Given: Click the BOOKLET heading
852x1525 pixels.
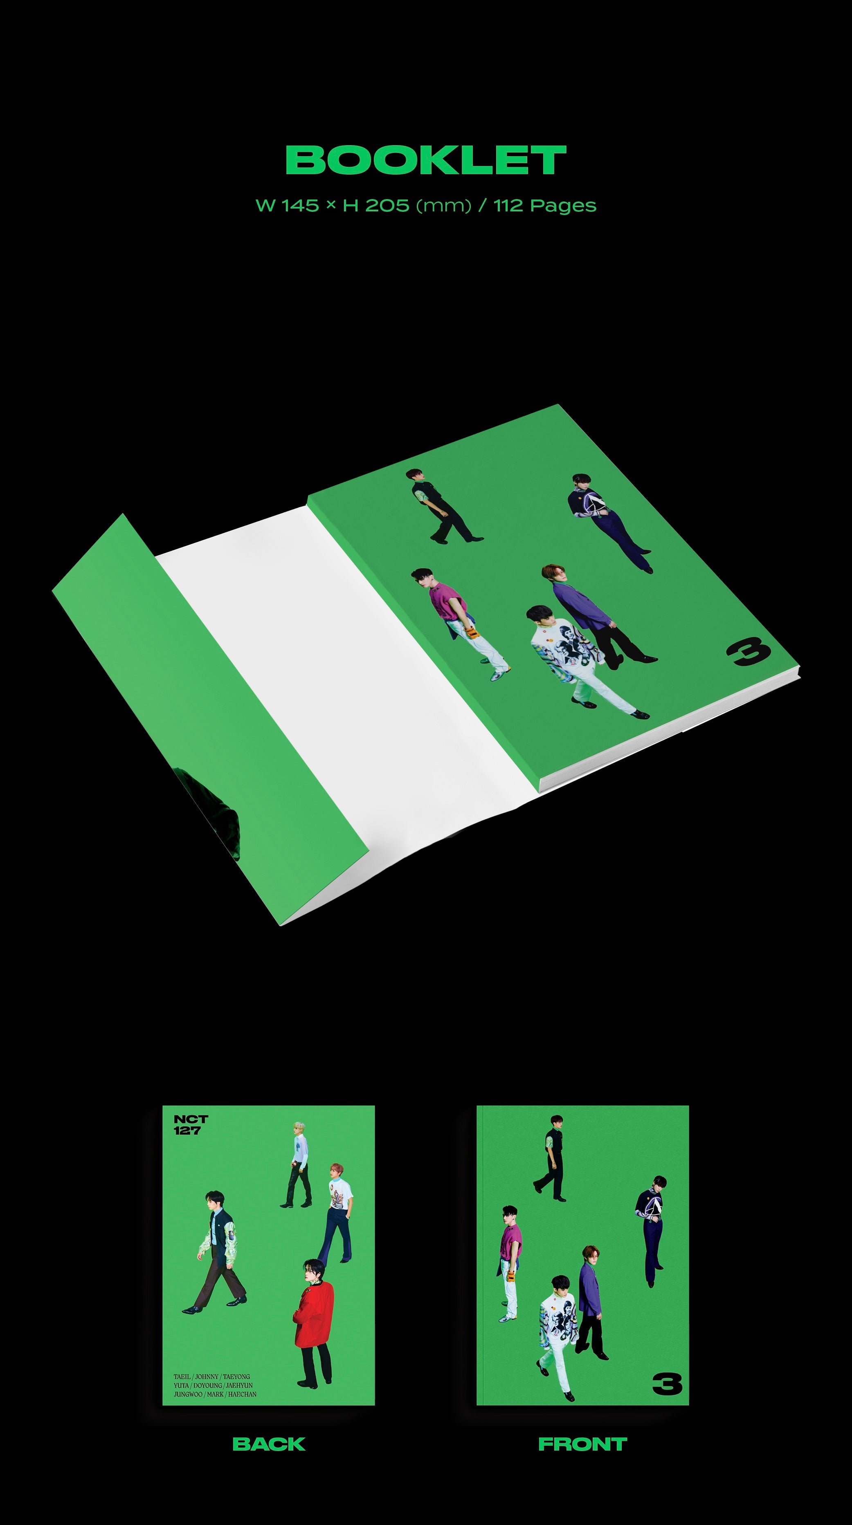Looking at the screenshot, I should (426, 160).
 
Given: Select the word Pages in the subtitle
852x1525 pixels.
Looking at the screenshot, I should (563, 206).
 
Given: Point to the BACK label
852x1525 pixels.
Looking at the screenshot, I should (269, 1444).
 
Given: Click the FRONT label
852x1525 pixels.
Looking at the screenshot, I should (582, 1444).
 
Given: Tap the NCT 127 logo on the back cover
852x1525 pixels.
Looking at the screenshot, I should (190, 1124).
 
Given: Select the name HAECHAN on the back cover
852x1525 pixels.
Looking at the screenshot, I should (242, 1394).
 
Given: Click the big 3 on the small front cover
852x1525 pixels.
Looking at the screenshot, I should (667, 1384).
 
